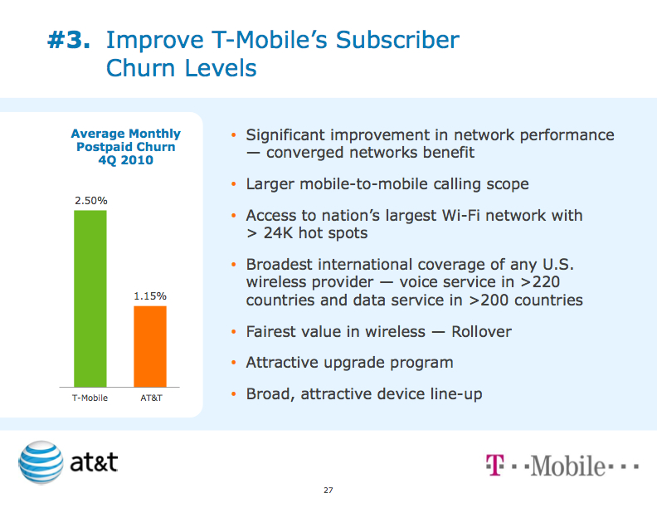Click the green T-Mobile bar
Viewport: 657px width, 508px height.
pyautogui.click(x=90, y=299)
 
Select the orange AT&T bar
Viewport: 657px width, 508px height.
pyautogui.click(x=150, y=346)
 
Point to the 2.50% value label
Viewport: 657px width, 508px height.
pyautogui.click(x=90, y=201)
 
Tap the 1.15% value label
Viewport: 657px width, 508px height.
pyautogui.click(x=150, y=296)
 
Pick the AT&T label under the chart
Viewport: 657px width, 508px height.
pyautogui.click(x=150, y=399)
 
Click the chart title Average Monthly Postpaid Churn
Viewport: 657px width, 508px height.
pyautogui.click(x=125, y=140)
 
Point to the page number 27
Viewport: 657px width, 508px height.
pyautogui.click(x=328, y=491)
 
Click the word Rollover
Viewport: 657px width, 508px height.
pyautogui.click(x=481, y=332)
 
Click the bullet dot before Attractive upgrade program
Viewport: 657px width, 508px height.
pyautogui.click(x=234, y=363)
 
